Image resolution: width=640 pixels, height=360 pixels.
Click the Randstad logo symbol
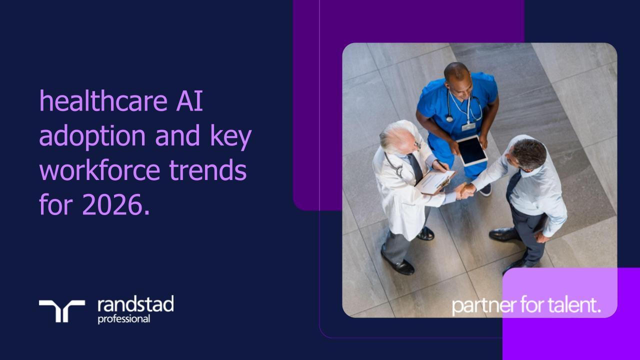[62, 310]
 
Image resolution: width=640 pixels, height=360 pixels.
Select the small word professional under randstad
[123, 318]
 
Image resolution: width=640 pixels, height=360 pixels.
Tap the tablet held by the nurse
[472, 150]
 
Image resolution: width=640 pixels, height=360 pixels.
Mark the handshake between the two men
[464, 190]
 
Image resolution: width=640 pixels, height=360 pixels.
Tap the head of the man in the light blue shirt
[528, 154]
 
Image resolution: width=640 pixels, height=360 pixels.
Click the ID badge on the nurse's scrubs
[468, 126]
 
